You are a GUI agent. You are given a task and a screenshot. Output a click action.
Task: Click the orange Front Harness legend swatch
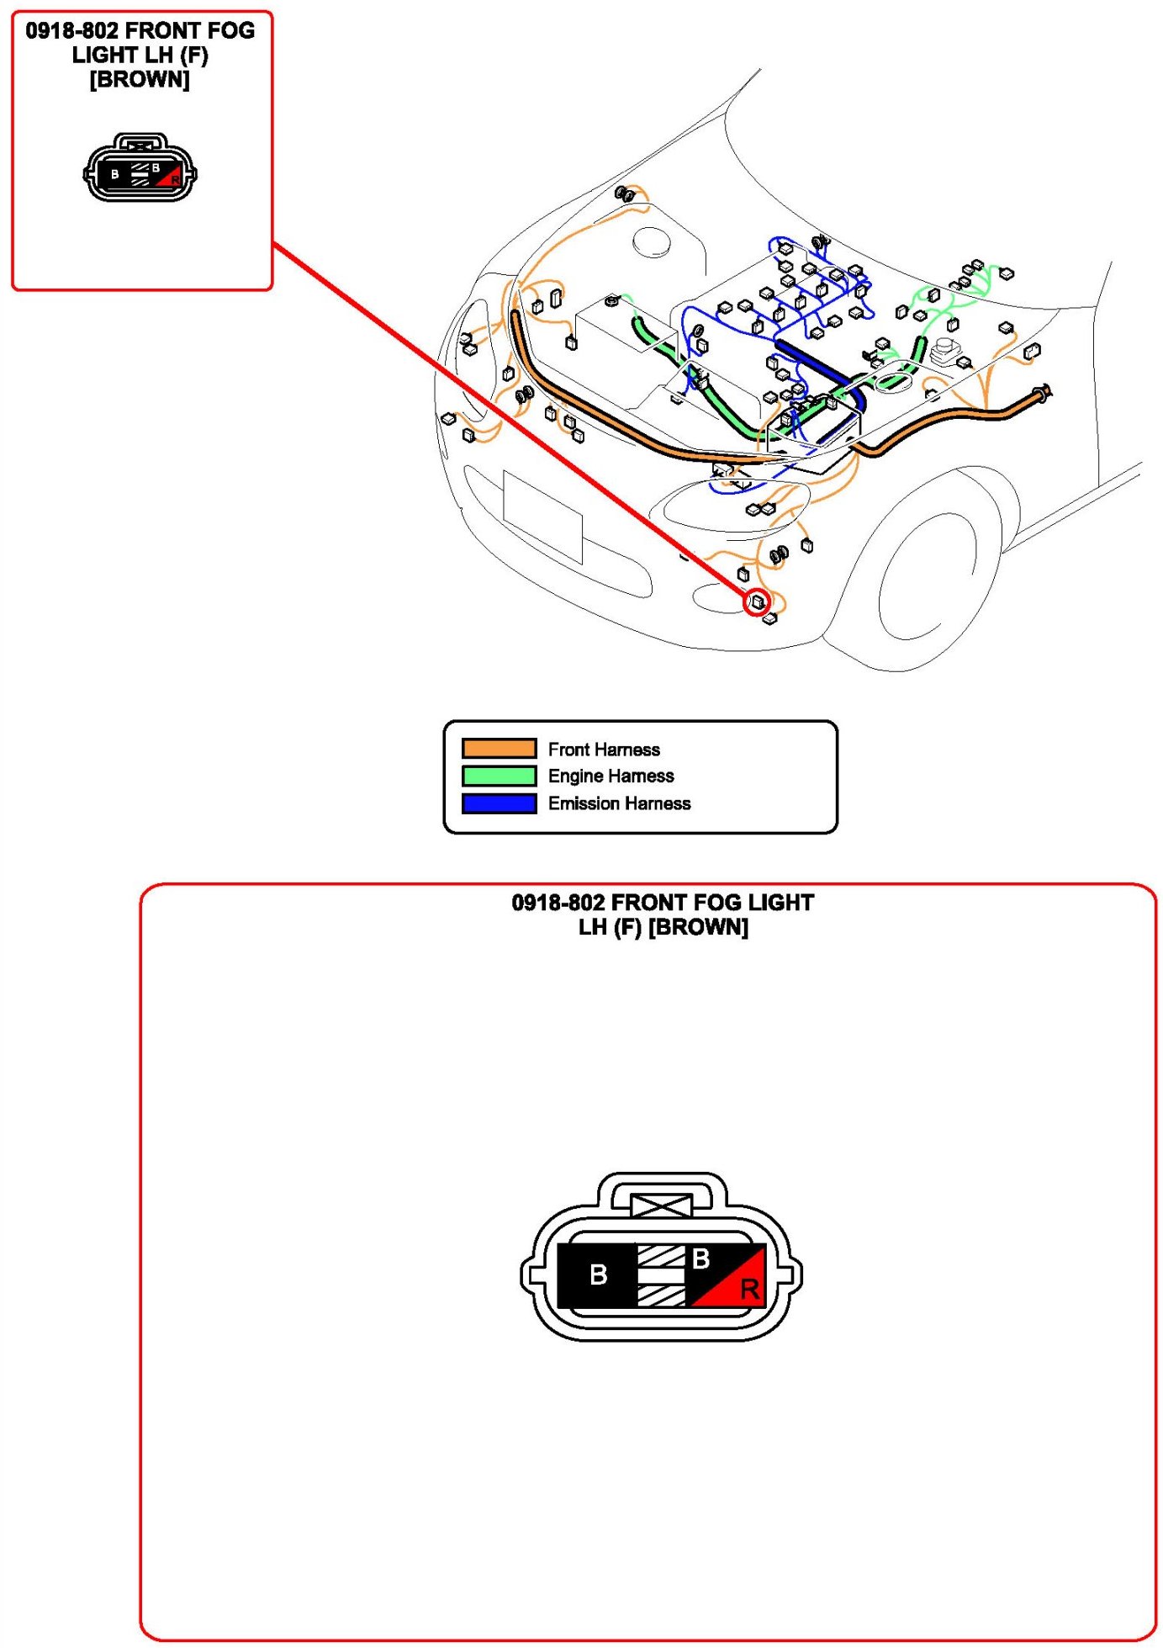click(x=499, y=749)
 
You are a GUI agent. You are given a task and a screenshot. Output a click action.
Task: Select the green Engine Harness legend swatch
click(x=499, y=776)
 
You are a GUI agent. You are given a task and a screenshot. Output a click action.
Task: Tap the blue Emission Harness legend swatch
click(x=499, y=803)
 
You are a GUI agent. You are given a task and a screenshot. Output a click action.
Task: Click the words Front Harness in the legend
click(x=604, y=750)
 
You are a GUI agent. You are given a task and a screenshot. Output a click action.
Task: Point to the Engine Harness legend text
click(x=611, y=776)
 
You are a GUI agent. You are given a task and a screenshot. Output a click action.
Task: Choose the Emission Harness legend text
click(x=619, y=803)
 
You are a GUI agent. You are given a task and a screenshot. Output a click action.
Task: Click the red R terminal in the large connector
click(x=748, y=1288)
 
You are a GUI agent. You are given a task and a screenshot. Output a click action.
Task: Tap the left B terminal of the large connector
click(x=598, y=1275)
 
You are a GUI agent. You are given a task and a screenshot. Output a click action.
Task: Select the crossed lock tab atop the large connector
click(x=662, y=1206)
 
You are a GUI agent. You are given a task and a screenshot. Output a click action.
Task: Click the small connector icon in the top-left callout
click(x=140, y=170)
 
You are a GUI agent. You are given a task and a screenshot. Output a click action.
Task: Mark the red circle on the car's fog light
click(x=758, y=601)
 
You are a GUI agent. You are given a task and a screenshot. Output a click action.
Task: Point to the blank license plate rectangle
click(x=542, y=516)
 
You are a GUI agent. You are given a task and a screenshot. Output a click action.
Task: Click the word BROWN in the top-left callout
click(x=140, y=80)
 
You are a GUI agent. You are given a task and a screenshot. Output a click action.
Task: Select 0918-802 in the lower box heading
click(x=558, y=903)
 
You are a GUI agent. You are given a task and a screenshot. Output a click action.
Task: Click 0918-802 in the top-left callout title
click(x=71, y=31)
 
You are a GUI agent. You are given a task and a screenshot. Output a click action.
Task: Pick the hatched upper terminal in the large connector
click(x=661, y=1256)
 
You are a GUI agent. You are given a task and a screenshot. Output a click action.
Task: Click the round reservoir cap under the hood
click(x=653, y=241)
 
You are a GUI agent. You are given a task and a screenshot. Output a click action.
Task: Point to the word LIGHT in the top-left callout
click(x=104, y=56)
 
